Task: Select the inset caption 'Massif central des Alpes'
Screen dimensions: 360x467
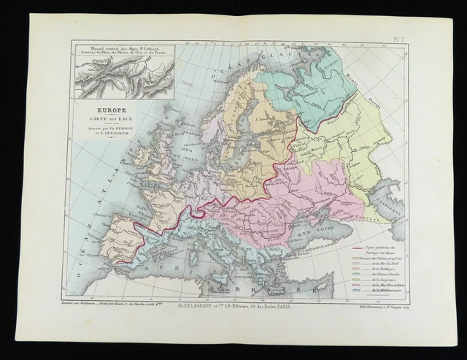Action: pos(124,50)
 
